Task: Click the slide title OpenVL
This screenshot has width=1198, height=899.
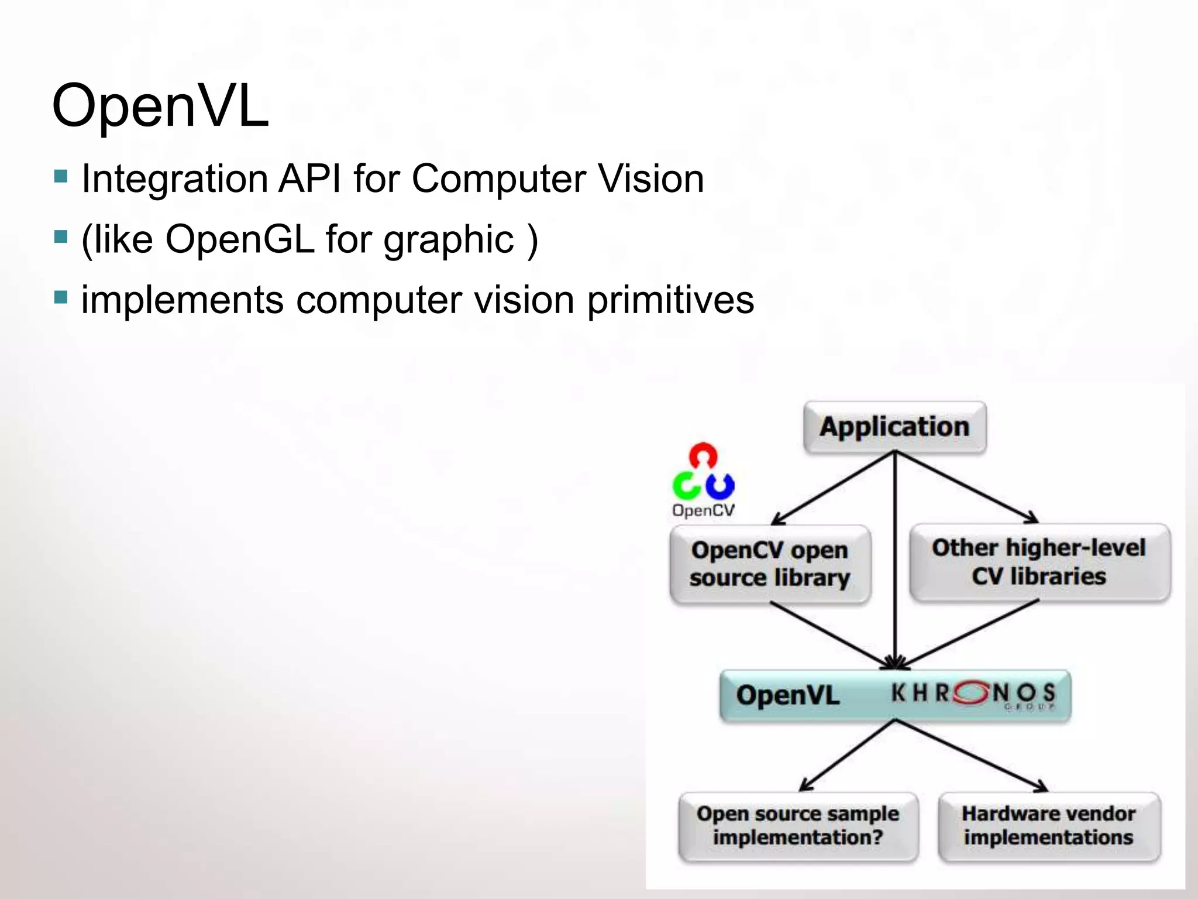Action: (x=160, y=106)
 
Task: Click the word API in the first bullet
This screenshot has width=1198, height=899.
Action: (x=309, y=179)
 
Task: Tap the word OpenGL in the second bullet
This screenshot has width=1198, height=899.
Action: (x=240, y=239)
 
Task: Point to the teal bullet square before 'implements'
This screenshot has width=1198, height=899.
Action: (x=61, y=297)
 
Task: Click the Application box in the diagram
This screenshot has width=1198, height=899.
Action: (x=894, y=427)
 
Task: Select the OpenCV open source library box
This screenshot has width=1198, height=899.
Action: (x=770, y=564)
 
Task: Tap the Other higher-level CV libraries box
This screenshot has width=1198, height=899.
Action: (x=1039, y=562)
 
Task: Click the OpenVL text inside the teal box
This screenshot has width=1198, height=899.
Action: (x=787, y=695)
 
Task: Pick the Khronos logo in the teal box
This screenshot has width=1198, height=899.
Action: (x=973, y=694)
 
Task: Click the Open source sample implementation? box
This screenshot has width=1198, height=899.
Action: (x=798, y=825)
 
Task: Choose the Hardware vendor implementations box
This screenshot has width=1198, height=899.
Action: (x=1049, y=825)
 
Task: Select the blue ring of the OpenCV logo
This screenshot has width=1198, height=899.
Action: (x=720, y=485)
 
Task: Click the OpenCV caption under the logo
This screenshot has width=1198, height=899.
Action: (x=703, y=510)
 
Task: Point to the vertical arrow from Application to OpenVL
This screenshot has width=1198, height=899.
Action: (x=894, y=556)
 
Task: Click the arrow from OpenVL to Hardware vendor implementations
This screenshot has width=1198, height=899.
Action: (x=971, y=756)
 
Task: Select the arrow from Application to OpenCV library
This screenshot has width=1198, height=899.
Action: (x=834, y=488)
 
